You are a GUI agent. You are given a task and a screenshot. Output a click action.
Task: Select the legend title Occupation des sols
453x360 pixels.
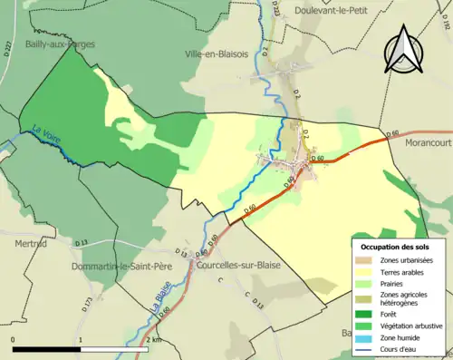(396, 246)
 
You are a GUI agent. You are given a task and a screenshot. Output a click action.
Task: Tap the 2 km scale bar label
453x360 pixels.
(154, 340)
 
